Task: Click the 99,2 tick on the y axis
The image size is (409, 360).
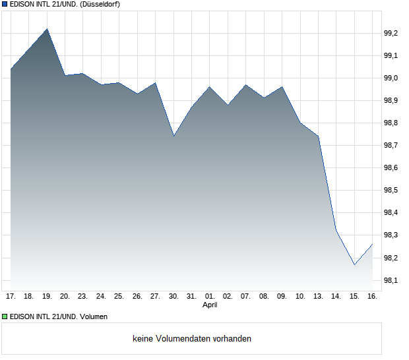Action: pos(391,33)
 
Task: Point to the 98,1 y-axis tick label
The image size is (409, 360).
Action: pos(391,280)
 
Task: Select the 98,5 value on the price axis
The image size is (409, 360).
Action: pos(391,191)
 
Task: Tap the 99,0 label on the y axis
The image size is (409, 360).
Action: pos(391,78)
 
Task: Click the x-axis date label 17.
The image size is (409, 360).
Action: pos(11,297)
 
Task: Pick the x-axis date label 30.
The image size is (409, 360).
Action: pos(173,297)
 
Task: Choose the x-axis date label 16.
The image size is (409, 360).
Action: pos(372,297)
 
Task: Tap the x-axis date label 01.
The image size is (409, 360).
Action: pos(210,297)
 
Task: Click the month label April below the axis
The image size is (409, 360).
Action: pos(210,305)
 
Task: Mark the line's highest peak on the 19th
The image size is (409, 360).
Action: pos(47,29)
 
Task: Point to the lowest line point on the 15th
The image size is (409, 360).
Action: pos(354,265)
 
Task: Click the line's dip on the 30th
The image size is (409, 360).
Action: pos(173,136)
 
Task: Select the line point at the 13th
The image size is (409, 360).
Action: pos(318,136)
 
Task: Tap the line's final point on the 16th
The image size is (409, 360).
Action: pos(373,244)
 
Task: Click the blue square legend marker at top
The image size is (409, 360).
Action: pos(5,4)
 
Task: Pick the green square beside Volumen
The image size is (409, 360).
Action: pos(5,316)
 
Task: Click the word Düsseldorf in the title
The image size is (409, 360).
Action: pos(99,4)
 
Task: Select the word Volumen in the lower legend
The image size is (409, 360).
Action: pos(92,316)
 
